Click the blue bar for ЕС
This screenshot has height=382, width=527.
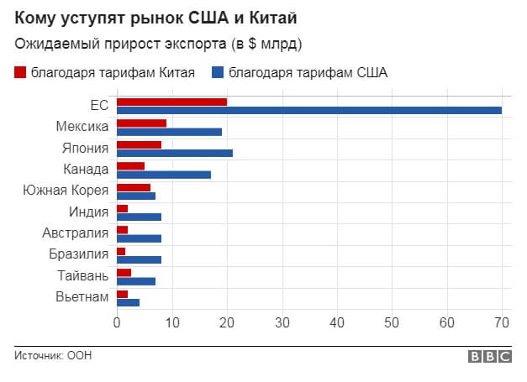point(309,110)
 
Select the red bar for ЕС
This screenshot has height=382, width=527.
point(171,102)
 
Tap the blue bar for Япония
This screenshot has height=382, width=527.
point(175,153)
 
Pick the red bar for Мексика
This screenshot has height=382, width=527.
point(141,123)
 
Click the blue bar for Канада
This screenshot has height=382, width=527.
point(164,175)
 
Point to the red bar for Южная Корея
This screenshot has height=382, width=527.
point(134,187)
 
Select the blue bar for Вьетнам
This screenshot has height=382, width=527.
point(128,302)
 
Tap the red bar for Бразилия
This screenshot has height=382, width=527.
point(121,251)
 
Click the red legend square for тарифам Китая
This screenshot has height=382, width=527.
point(21,72)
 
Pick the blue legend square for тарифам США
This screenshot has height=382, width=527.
point(218,72)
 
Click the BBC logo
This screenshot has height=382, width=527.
point(490,356)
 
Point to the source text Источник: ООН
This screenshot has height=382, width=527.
point(53,356)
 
